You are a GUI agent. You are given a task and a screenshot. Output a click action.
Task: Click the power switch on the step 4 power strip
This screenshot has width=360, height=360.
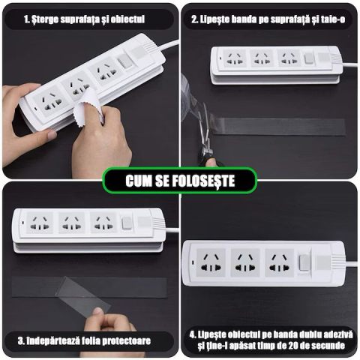coord(302,262)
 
